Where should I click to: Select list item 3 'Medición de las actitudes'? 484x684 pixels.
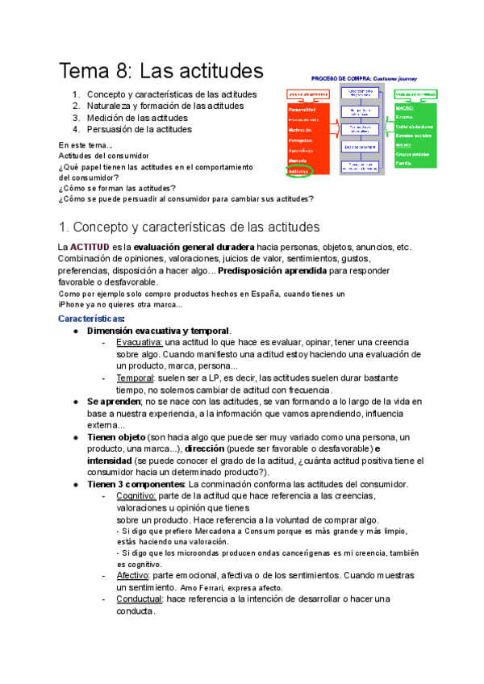(x=139, y=117)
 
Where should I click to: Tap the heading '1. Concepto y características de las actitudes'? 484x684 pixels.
(x=190, y=227)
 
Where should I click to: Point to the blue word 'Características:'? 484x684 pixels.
(x=91, y=319)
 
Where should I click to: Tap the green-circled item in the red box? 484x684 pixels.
(x=298, y=171)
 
